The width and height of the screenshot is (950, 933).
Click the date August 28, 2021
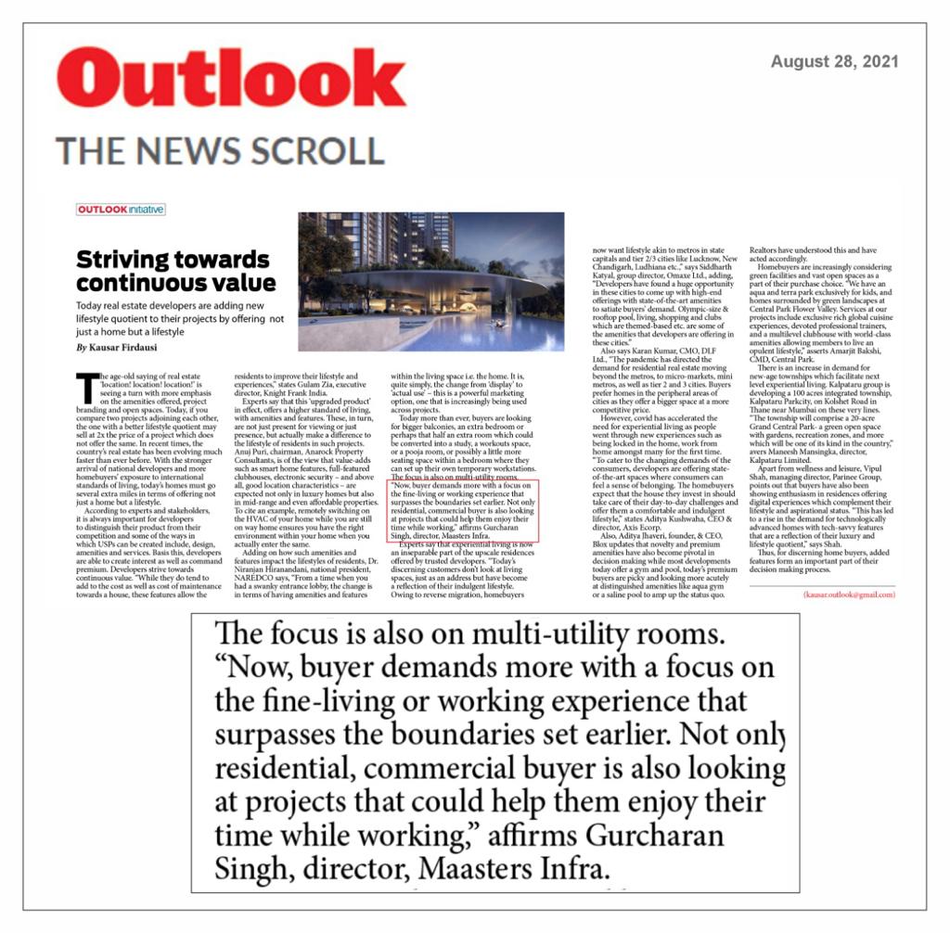pyautogui.click(x=834, y=62)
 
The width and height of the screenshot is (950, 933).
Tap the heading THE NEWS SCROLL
pyautogui.click(x=219, y=150)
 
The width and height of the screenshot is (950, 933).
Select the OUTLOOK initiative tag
pyautogui.click(x=121, y=210)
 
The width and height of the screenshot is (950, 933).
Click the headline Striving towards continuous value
pyautogui.click(x=175, y=271)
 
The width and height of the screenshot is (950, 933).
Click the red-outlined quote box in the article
pyautogui.click(x=460, y=511)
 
